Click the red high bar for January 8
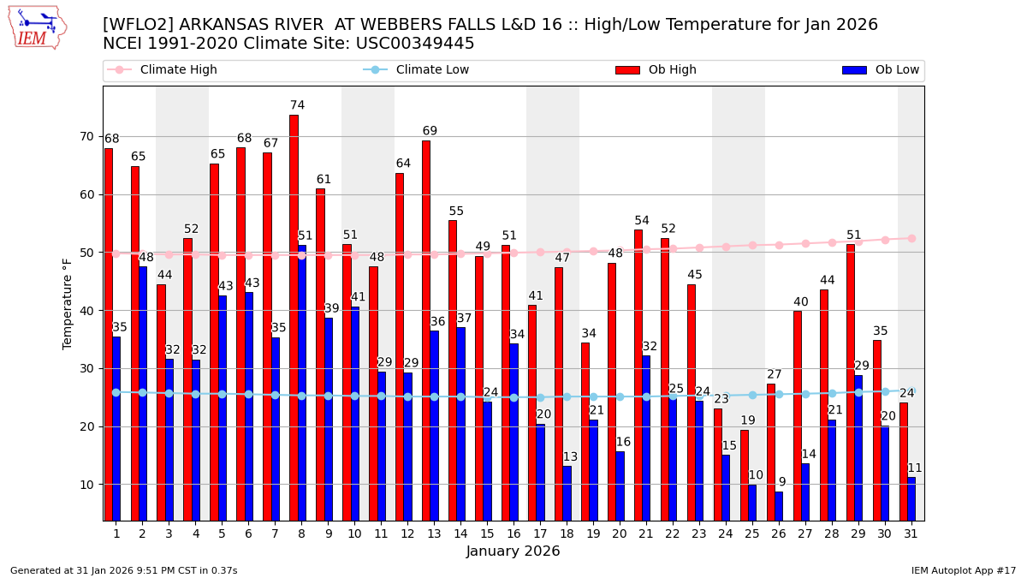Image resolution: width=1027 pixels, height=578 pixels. tap(294, 317)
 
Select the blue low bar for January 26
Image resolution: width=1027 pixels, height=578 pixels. tap(779, 506)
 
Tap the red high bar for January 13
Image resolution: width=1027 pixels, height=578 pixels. tap(426, 330)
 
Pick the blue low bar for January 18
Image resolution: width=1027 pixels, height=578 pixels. tap(567, 493)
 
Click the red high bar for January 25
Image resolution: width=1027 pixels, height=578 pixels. tap(745, 475)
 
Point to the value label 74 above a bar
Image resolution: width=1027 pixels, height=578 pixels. tap(297, 105)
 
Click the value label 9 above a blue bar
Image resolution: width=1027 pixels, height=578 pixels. tap(781, 482)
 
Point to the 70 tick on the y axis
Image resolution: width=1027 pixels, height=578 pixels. tap(87, 136)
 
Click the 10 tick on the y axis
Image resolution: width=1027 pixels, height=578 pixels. tap(87, 485)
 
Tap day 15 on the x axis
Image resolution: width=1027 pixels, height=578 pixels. tap(484, 533)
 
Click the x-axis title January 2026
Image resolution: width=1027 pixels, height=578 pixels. tap(513, 551)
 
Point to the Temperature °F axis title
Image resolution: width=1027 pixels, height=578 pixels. tap(68, 303)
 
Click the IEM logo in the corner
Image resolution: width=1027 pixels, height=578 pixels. tap(37, 27)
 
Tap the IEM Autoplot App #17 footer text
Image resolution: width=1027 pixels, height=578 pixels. tap(963, 570)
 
